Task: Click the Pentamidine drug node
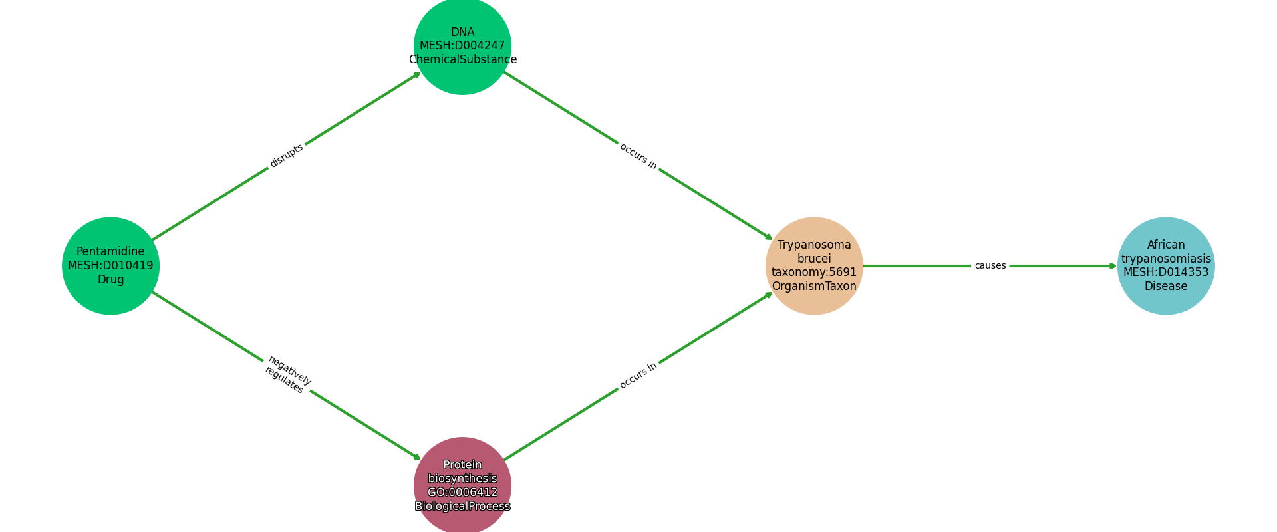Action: (110, 265)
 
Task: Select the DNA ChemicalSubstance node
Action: (462, 45)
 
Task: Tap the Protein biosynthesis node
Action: (462, 485)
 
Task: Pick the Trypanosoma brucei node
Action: (814, 265)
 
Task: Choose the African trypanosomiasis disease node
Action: (1166, 265)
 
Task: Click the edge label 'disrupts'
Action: (287, 156)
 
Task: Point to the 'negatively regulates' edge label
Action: (287, 375)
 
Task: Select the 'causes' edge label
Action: (990, 266)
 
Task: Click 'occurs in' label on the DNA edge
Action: (638, 156)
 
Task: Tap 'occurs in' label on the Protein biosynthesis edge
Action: (638, 376)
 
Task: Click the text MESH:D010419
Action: (110, 266)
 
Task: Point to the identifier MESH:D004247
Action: (462, 46)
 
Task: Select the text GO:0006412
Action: (462, 493)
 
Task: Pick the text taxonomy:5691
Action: (814, 273)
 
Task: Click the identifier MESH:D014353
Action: (1166, 273)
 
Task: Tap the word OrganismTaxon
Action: (814, 287)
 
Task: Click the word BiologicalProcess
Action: (462, 507)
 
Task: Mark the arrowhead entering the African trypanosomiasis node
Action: (1113, 266)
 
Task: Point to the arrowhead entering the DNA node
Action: (417, 74)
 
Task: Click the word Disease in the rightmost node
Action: (1166, 287)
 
